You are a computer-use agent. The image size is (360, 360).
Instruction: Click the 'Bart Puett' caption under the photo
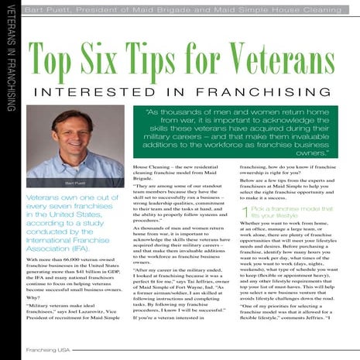pyautogui.click(x=75, y=183)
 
